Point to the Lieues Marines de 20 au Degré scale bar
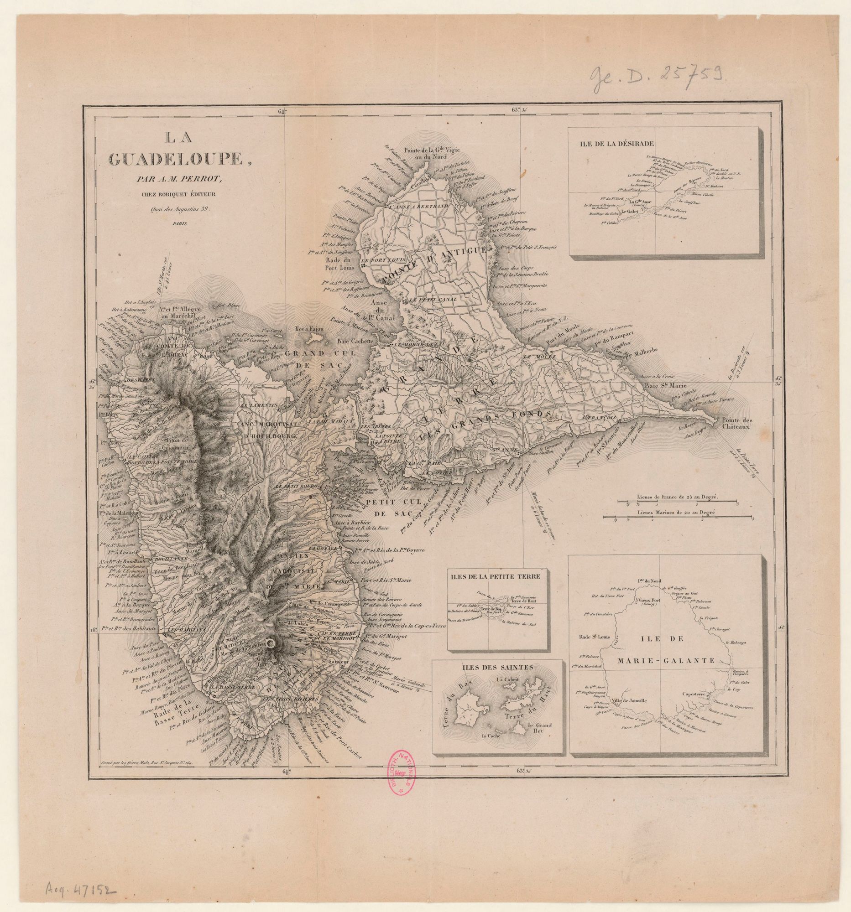[678, 518]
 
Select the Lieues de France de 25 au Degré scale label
[677, 497]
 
